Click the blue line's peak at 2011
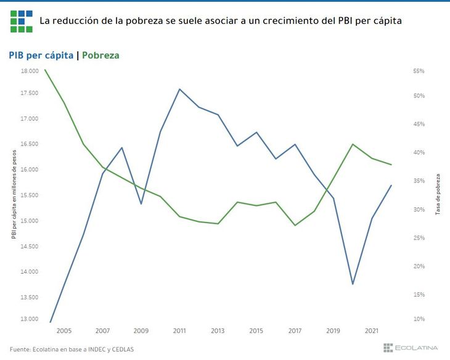click(179, 89)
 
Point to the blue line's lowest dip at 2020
click(353, 284)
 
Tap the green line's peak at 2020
click(353, 144)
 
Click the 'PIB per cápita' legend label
click(41, 55)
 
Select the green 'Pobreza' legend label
click(100, 55)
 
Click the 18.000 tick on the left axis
click(29, 72)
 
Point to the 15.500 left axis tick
click(29, 195)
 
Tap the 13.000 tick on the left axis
click(29, 319)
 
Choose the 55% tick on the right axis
click(419, 72)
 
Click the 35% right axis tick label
click(419, 181)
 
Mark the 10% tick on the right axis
click(419, 319)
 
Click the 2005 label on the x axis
click(64, 331)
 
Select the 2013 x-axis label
click(218, 331)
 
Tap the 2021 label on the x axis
click(372, 331)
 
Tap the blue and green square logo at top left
click(22, 20)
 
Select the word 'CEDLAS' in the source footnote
click(121, 349)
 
